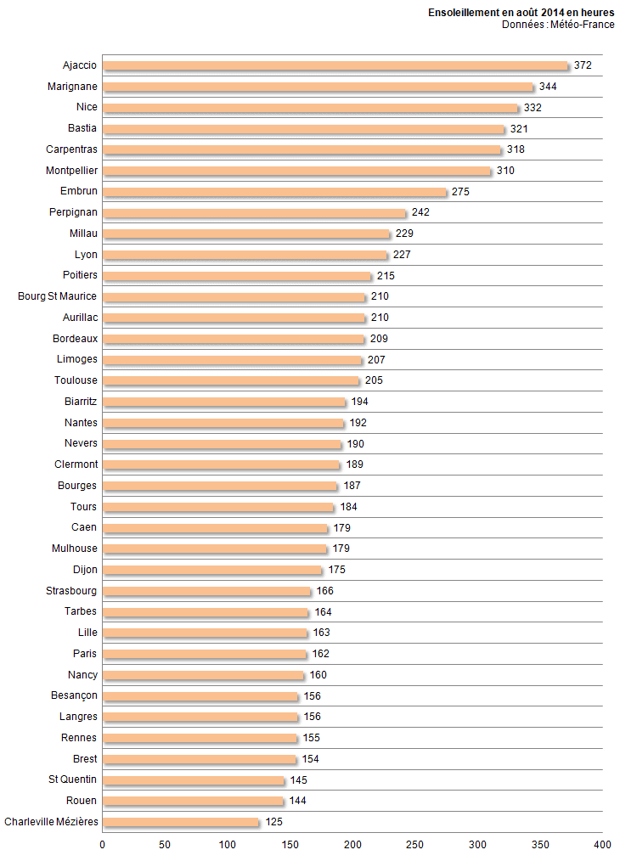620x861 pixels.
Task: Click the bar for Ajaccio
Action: click(335, 65)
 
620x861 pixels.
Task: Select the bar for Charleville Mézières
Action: click(181, 822)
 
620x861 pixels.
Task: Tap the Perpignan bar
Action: click(255, 212)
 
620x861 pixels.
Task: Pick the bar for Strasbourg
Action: click(207, 591)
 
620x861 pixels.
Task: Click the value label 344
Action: click(548, 87)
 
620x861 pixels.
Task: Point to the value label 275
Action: click(460, 192)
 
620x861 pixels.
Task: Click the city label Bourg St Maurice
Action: click(58, 296)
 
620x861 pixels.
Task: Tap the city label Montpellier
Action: click(71, 171)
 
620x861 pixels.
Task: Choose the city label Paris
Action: click(85, 654)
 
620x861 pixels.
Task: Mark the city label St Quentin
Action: click(73, 779)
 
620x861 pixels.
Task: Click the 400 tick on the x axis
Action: click(602, 845)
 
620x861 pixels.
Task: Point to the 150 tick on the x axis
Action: click(290, 845)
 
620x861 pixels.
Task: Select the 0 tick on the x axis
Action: click(103, 845)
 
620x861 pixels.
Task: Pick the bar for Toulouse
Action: click(231, 380)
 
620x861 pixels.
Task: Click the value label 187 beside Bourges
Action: click(352, 486)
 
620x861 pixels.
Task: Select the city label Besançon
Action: click(74, 695)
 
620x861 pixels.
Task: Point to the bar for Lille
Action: click(205, 633)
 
